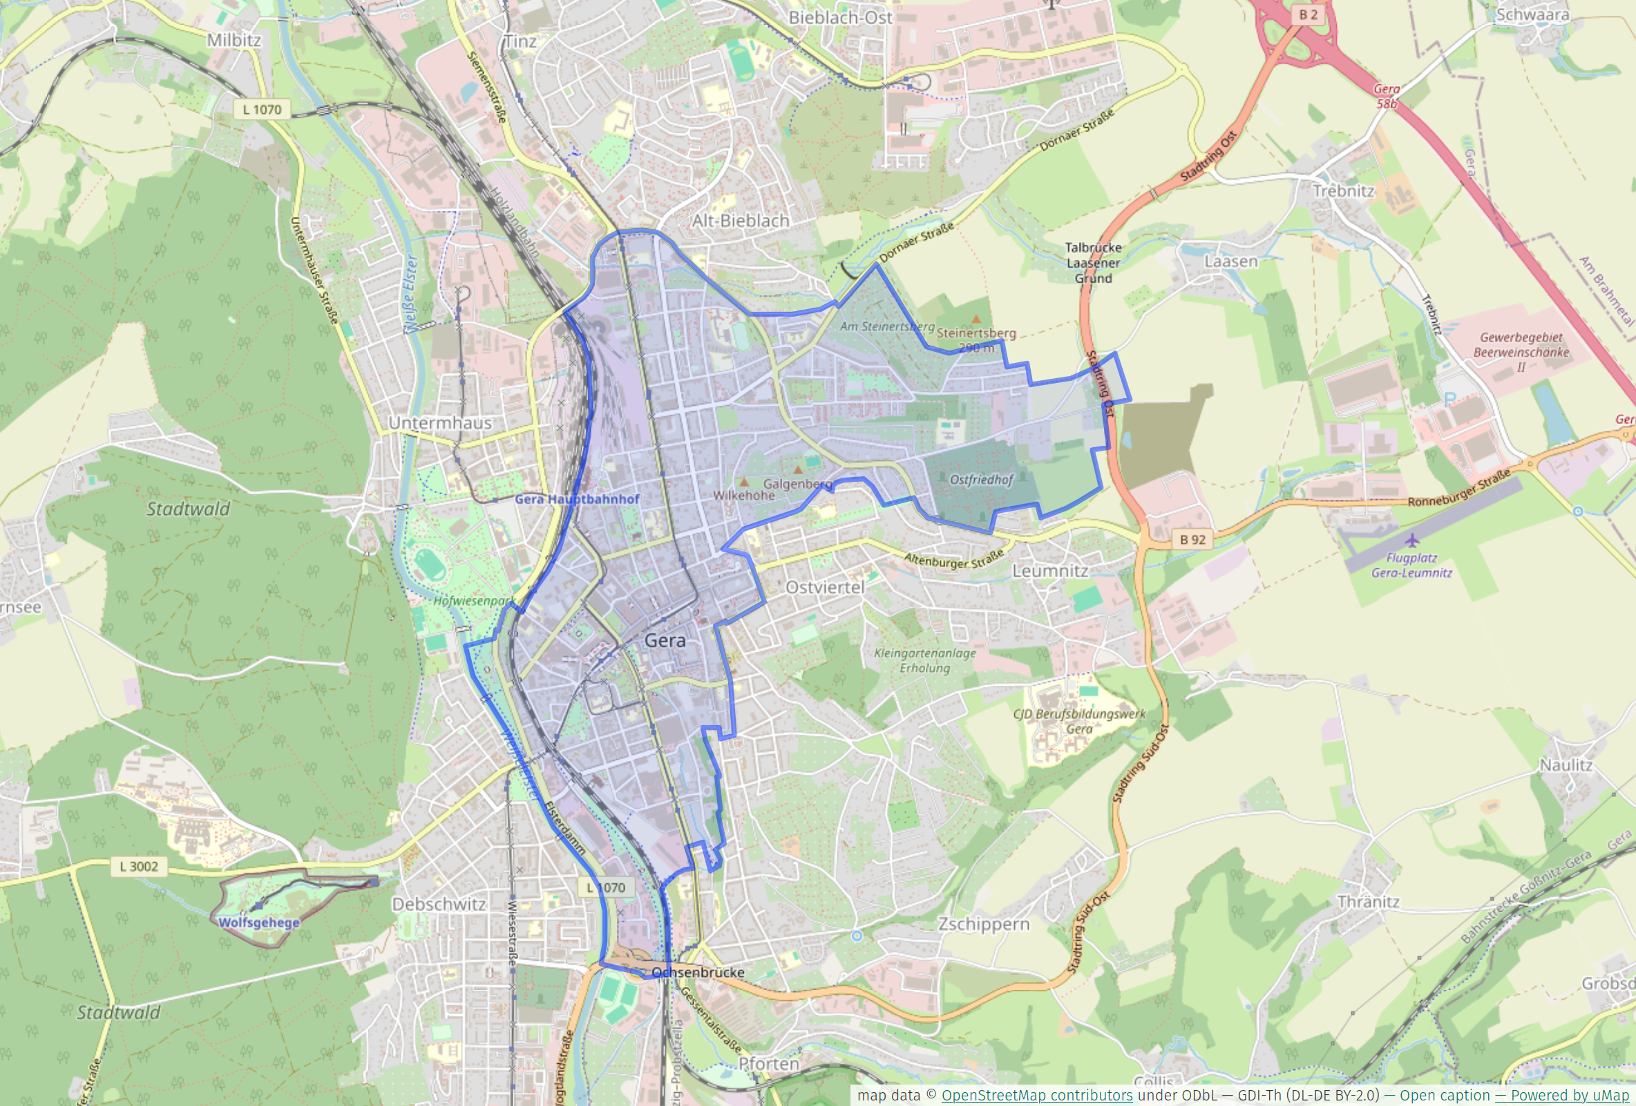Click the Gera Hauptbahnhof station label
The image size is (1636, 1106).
point(577,499)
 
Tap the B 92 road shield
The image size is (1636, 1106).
point(1192,540)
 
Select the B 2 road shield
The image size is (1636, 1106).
point(1308,14)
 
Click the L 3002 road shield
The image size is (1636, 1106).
point(139,867)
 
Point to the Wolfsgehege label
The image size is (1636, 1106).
point(258,922)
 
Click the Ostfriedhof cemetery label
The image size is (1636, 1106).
point(980,480)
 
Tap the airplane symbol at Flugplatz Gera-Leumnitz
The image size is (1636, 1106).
point(1411,541)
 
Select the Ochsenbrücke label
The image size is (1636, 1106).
point(698,972)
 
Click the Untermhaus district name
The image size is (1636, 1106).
point(440,422)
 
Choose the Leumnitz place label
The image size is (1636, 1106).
point(1049,570)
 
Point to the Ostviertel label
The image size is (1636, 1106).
point(824,587)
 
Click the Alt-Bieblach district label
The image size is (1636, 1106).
point(740,221)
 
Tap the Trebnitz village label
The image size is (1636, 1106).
point(1343,191)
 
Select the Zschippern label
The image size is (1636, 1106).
point(983,924)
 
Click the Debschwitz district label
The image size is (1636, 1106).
point(439,904)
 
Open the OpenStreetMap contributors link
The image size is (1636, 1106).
point(1036,1096)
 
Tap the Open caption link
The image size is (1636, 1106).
point(1444,1096)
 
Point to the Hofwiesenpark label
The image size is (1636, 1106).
point(474,601)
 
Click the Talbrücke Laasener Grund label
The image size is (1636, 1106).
point(1092,263)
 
